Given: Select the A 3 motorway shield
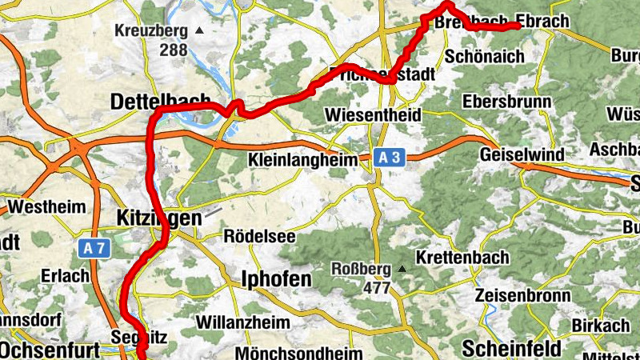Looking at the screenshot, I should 390,158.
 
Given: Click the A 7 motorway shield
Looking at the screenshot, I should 94,249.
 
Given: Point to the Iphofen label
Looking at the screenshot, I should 276,279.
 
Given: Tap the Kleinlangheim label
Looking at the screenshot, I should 303,160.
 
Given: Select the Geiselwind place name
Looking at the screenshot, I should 521,154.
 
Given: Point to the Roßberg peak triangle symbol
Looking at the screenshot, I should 402,269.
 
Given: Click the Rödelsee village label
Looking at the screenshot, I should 259,237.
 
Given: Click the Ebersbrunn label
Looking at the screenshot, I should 507,102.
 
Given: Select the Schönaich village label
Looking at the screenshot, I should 483,56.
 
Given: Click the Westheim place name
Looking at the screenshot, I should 46,207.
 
